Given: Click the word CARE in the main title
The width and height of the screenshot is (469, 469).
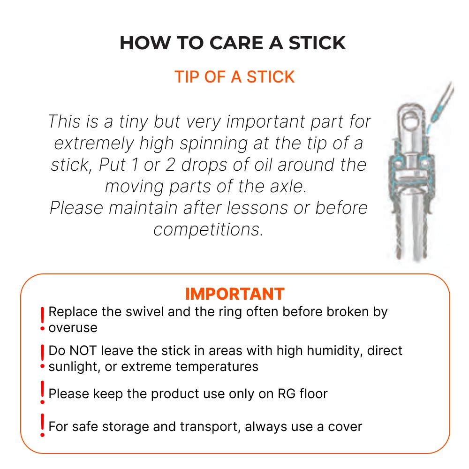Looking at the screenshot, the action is (236, 43).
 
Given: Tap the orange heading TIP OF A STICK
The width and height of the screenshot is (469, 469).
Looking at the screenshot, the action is (234, 77).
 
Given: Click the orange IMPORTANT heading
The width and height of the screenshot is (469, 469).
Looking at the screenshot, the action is (235, 294).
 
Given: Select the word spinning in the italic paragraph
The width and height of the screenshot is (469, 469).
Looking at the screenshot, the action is (214, 144).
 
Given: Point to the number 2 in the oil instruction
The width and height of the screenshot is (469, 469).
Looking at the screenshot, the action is (170, 165).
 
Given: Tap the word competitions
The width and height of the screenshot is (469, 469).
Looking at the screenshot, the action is (208, 230).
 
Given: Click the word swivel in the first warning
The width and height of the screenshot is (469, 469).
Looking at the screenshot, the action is (144, 312).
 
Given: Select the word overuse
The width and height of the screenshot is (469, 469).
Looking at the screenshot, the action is (73, 328).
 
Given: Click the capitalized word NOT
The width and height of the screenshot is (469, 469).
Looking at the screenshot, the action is (83, 350).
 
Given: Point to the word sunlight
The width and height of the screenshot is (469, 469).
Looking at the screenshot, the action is (74, 367).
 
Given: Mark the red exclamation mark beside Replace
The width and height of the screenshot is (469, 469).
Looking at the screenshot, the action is (43, 319).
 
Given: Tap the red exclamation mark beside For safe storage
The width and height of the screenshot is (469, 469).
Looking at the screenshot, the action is (43, 425).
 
